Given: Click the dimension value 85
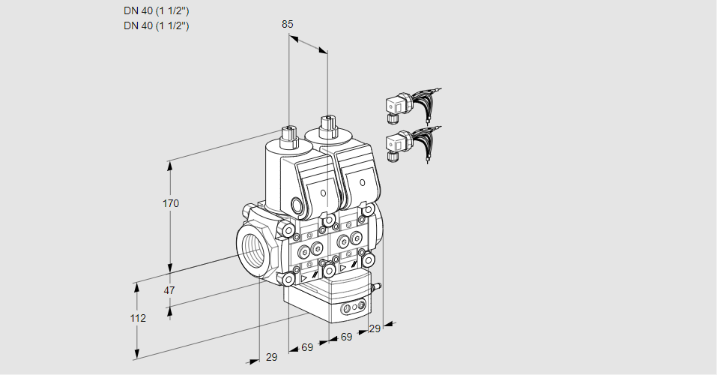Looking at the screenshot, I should pos(288,24).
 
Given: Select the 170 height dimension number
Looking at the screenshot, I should pos(171,203).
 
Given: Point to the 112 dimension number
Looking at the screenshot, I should pos(137,318).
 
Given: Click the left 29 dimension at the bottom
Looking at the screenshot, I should pos(271,357).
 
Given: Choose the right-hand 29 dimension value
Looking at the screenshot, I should pos(375,328).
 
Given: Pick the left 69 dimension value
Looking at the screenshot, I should pos(306,347).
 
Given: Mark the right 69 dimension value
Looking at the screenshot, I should pos(346,337).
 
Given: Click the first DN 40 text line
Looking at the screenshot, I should pos(156,11).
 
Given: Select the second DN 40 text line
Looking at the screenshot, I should pos(156,25).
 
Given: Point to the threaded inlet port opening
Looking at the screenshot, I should pos(250,248).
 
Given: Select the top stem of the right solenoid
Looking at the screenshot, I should pos(327,124).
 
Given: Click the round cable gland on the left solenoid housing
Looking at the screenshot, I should pos(298,205).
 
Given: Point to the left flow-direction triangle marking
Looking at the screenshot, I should pos(304,277).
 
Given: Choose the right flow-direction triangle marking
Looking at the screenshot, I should pos(343,266).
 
